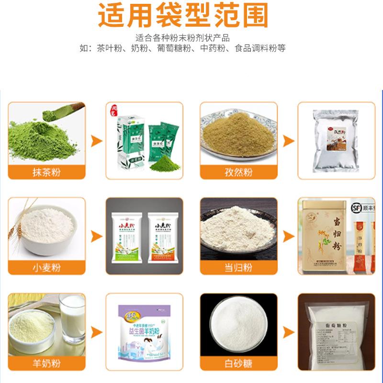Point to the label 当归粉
point(238,267)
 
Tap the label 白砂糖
point(238,362)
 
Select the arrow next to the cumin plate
point(288,141)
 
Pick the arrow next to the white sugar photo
point(288,331)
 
